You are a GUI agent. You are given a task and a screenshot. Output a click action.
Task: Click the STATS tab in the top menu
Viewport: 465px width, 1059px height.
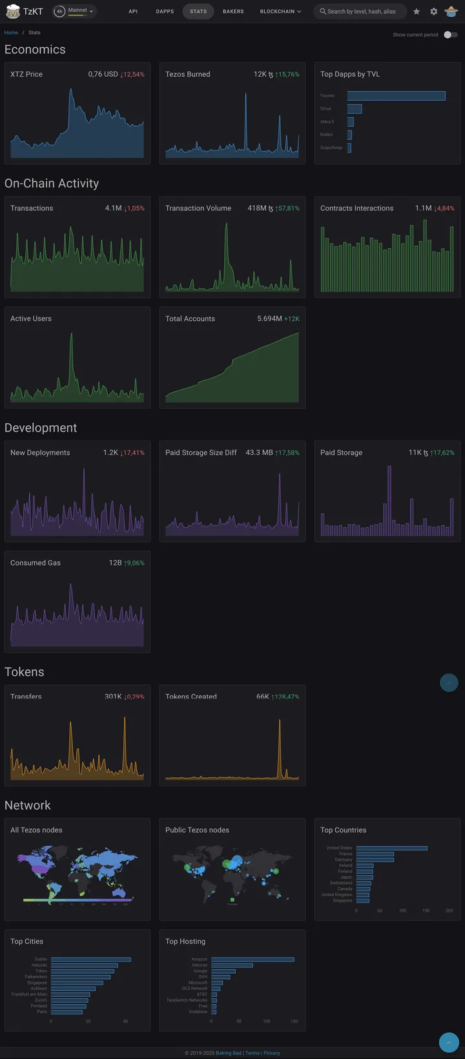click(x=198, y=12)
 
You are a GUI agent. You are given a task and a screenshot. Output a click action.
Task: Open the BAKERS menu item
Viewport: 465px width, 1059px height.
click(x=233, y=12)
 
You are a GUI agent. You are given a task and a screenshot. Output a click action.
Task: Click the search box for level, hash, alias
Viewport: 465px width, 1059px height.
click(x=361, y=12)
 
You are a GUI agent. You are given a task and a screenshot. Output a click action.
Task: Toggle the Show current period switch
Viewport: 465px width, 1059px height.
click(x=450, y=35)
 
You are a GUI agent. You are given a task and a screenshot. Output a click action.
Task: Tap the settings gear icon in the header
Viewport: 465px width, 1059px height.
click(x=434, y=12)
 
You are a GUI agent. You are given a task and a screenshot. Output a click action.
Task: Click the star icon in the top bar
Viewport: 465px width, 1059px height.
click(x=417, y=12)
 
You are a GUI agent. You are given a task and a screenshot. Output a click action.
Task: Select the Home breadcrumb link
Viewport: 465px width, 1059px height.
click(x=11, y=32)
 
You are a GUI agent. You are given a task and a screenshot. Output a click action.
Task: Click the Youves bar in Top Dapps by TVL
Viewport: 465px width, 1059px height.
click(x=396, y=96)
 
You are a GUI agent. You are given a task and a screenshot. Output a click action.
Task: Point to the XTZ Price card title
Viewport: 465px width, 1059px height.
click(x=26, y=74)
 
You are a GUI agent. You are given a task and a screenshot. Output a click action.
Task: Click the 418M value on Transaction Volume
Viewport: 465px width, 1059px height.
click(x=257, y=208)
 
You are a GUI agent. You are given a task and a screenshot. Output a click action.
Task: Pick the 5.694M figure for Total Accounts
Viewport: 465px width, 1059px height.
click(x=269, y=319)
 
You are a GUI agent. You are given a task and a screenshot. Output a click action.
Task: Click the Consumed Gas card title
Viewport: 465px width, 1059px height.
click(x=36, y=563)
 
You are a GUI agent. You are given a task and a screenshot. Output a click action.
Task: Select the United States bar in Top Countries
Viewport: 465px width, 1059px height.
click(x=391, y=848)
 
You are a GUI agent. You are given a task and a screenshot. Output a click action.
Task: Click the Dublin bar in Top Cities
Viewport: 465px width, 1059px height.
click(x=90, y=959)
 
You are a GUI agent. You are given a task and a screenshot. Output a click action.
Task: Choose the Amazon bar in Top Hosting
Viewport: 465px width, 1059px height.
click(x=253, y=959)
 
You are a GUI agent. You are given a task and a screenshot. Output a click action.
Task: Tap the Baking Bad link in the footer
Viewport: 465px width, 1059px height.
click(x=229, y=1053)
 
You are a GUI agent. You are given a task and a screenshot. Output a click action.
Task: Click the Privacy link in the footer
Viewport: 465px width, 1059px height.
click(x=272, y=1053)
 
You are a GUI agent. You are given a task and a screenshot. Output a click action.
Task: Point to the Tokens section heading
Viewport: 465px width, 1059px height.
click(x=25, y=672)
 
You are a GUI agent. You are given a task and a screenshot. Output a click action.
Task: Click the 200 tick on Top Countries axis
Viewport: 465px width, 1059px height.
click(x=449, y=910)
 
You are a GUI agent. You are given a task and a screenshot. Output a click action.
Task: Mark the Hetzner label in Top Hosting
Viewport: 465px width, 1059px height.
click(x=200, y=965)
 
